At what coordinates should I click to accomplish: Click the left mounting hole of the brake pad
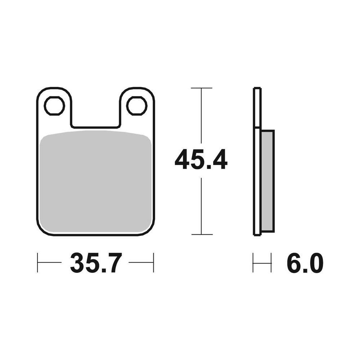pyautogui.click(x=54, y=105)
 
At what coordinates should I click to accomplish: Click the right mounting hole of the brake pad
pyautogui.click(x=137, y=105)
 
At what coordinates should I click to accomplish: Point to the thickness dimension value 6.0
pyautogui.click(x=305, y=263)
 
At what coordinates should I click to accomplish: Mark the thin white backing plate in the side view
pyautogui.click(x=257, y=162)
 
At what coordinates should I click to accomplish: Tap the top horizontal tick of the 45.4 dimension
pyautogui.click(x=201, y=88)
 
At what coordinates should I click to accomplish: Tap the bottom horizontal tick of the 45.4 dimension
pyautogui.click(x=201, y=234)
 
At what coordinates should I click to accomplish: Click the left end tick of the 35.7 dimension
pyautogui.click(x=37, y=262)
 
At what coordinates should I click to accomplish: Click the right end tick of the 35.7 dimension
pyautogui.click(x=153, y=262)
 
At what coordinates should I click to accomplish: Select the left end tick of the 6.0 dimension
pyautogui.click(x=253, y=263)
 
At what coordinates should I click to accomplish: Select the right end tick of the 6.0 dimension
pyautogui.click(x=271, y=263)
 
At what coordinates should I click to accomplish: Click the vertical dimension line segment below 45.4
pyautogui.click(x=201, y=205)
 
